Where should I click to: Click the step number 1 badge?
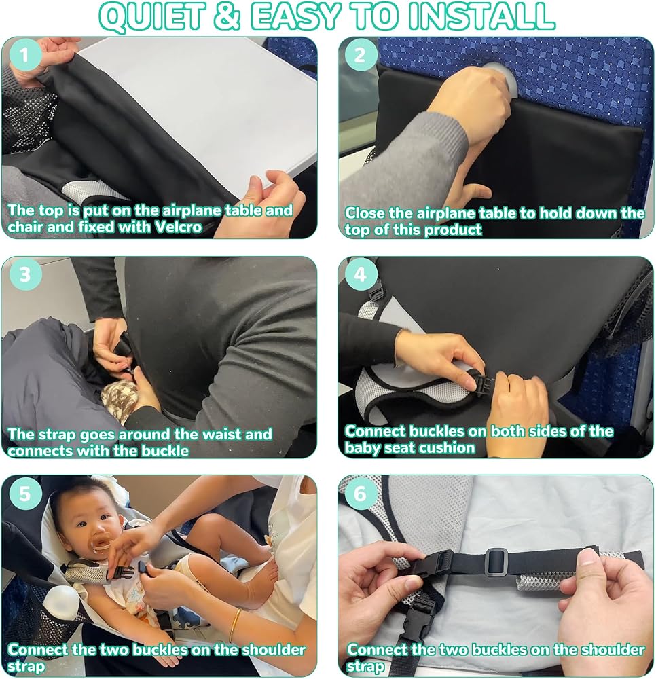(x=24, y=55)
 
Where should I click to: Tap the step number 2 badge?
(x=359, y=55)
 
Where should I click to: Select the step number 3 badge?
(x=24, y=274)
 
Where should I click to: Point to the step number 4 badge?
(x=359, y=274)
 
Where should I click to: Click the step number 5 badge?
(x=24, y=494)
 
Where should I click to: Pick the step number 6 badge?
(x=359, y=494)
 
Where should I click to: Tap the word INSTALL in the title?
(x=481, y=16)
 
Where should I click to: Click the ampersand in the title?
(x=227, y=16)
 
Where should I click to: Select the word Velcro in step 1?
(x=179, y=227)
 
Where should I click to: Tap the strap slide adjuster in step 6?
(x=496, y=562)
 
